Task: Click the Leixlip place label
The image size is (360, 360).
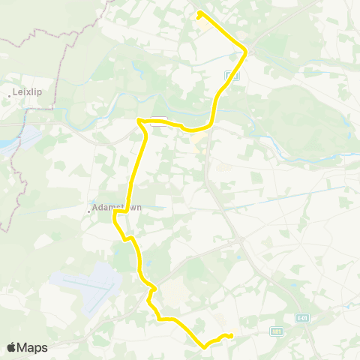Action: [25, 94]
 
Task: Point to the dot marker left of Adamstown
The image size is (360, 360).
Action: [88, 211]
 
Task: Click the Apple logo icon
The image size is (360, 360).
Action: [12, 347]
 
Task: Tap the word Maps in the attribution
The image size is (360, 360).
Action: [33, 347]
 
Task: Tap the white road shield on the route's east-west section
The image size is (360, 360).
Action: [157, 125]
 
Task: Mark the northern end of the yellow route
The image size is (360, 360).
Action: [199, 13]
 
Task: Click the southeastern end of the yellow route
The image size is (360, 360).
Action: [231, 335]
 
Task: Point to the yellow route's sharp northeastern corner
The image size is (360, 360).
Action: [246, 50]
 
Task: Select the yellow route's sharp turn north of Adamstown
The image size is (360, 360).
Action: [139, 120]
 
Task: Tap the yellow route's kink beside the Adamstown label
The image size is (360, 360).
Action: [115, 216]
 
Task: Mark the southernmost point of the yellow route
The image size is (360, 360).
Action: [204, 346]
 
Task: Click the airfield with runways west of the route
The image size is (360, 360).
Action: [86, 289]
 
